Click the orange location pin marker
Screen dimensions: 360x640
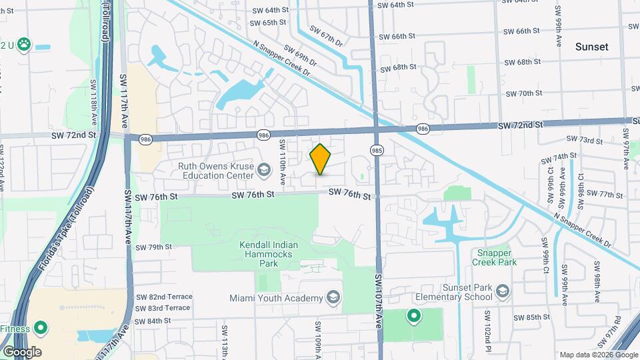point(321,159)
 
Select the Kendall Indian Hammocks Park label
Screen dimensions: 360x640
point(267,254)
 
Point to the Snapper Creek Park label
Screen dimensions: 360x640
point(497,257)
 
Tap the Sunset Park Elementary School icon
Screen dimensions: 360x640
point(503,291)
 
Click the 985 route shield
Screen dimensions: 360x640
point(377,151)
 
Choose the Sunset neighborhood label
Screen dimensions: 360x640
point(592,47)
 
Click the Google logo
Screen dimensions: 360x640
point(22,351)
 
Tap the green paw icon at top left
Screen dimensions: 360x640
point(25,45)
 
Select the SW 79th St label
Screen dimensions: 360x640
point(154,247)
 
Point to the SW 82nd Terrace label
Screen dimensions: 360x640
point(164,297)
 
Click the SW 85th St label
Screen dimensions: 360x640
point(523,317)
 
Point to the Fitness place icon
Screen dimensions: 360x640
point(41,328)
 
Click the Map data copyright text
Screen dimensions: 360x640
point(598,355)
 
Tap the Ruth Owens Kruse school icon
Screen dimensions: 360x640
point(264,171)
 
